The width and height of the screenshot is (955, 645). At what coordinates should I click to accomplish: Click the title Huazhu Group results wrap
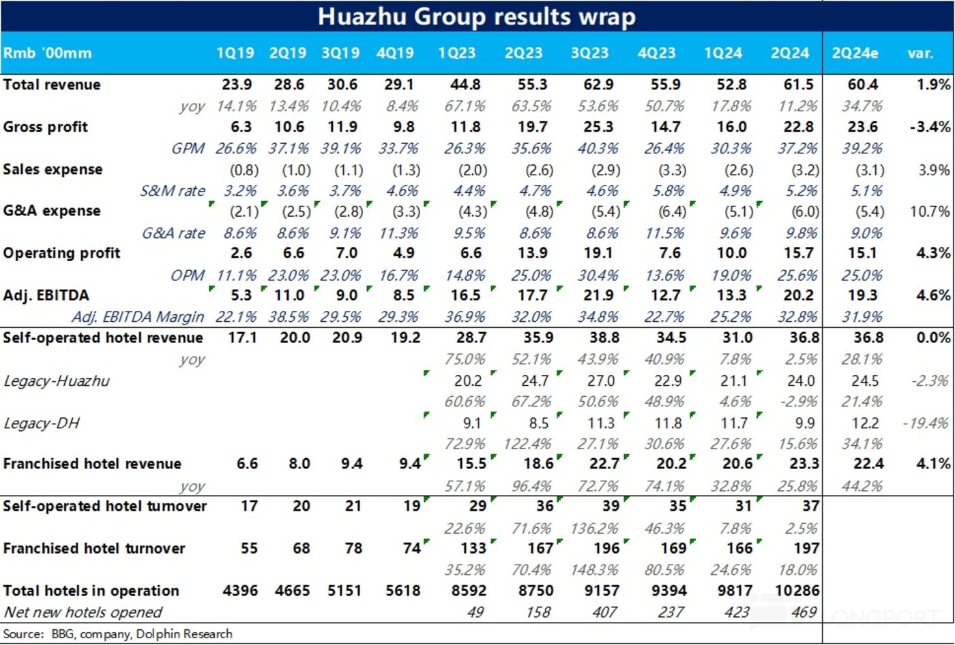click(477, 16)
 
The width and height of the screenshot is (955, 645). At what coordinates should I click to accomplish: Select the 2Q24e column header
click(855, 53)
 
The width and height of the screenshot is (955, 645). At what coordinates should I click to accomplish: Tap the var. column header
click(920, 53)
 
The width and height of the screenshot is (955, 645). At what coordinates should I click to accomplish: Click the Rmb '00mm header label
click(47, 53)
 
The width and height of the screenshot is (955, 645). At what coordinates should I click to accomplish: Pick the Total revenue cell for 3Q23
click(598, 85)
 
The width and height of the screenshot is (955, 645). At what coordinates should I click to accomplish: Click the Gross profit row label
click(46, 127)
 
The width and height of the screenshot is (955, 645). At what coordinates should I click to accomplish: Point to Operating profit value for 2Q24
click(798, 253)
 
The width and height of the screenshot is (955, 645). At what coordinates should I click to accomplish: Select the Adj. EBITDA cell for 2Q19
click(289, 295)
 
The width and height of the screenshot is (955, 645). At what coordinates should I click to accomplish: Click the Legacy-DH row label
click(42, 423)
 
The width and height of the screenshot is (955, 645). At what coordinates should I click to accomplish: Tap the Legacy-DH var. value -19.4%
click(926, 423)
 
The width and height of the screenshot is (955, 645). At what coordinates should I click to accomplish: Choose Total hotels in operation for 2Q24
click(797, 590)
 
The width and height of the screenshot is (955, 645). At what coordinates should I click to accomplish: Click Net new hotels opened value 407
click(604, 612)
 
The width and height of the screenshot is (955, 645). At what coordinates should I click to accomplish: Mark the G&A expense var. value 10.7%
click(930, 211)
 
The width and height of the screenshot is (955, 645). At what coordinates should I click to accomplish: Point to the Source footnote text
click(117, 634)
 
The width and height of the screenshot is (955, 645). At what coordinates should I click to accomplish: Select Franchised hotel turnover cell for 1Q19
click(249, 548)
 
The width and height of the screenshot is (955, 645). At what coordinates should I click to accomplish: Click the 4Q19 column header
click(395, 53)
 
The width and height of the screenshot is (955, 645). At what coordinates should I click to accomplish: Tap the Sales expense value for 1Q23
click(472, 170)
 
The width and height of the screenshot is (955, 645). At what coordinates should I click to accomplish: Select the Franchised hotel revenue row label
click(92, 464)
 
